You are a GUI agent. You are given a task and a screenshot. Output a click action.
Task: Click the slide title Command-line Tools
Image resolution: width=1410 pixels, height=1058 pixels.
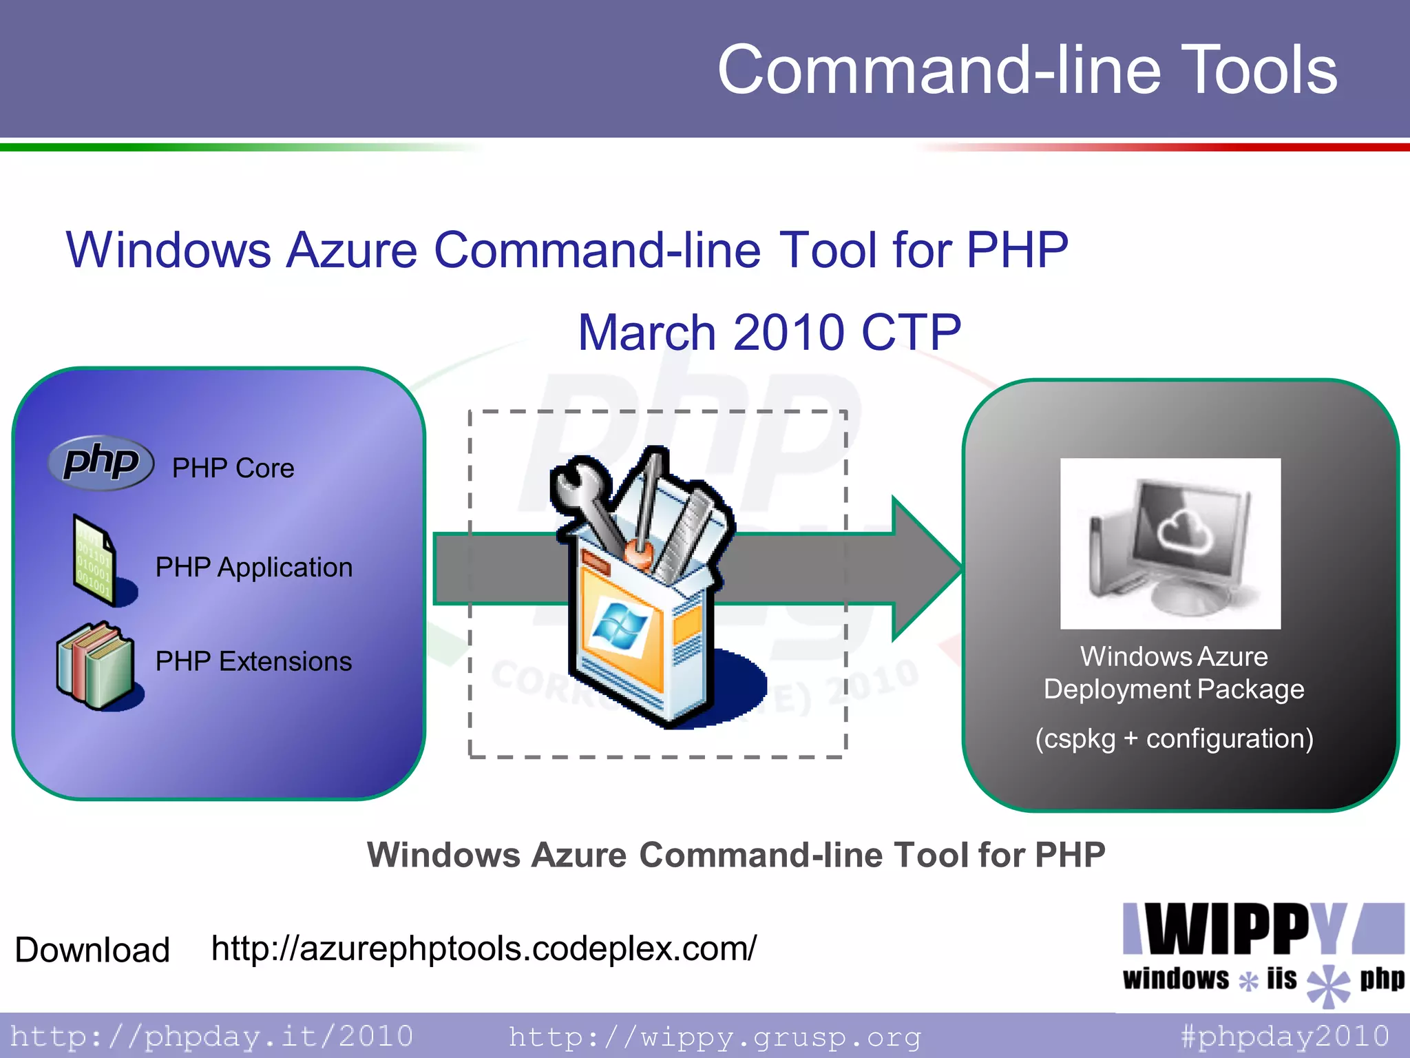[x=1027, y=70]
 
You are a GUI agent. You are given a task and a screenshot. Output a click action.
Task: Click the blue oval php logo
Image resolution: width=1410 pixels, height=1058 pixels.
[x=101, y=462]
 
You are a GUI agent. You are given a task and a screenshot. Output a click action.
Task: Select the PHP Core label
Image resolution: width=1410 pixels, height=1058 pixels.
[x=233, y=468]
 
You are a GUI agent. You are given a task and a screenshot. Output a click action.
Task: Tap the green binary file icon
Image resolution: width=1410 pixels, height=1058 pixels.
[x=94, y=559]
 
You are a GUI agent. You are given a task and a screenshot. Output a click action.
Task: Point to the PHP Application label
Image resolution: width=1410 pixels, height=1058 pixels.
[x=253, y=568]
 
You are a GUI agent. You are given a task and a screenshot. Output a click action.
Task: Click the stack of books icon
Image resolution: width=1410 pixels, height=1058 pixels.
[x=95, y=665]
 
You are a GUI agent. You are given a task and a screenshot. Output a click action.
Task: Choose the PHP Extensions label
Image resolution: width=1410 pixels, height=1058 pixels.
[x=253, y=661]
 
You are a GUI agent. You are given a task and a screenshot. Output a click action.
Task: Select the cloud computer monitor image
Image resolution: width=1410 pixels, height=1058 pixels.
[x=1170, y=543]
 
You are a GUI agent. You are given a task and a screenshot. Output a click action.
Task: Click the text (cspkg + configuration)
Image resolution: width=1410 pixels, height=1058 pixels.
[x=1174, y=738]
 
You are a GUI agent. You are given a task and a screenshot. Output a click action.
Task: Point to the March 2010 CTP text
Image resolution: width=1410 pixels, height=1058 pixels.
[x=769, y=333]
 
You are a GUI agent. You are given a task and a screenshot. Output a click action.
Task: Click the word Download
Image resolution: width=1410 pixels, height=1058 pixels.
[x=92, y=950]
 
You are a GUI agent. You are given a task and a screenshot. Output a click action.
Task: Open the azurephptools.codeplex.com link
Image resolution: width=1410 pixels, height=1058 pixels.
[x=483, y=948]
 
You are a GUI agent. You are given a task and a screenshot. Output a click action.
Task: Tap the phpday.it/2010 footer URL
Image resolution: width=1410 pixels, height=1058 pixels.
[x=212, y=1036]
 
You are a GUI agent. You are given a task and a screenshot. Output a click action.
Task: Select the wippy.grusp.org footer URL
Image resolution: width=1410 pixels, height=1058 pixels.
[x=715, y=1036]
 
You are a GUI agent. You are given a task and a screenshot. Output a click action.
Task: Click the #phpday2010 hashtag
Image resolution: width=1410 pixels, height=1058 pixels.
[x=1285, y=1036]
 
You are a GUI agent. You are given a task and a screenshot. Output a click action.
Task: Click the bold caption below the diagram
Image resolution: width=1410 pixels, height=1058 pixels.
[x=735, y=855]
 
